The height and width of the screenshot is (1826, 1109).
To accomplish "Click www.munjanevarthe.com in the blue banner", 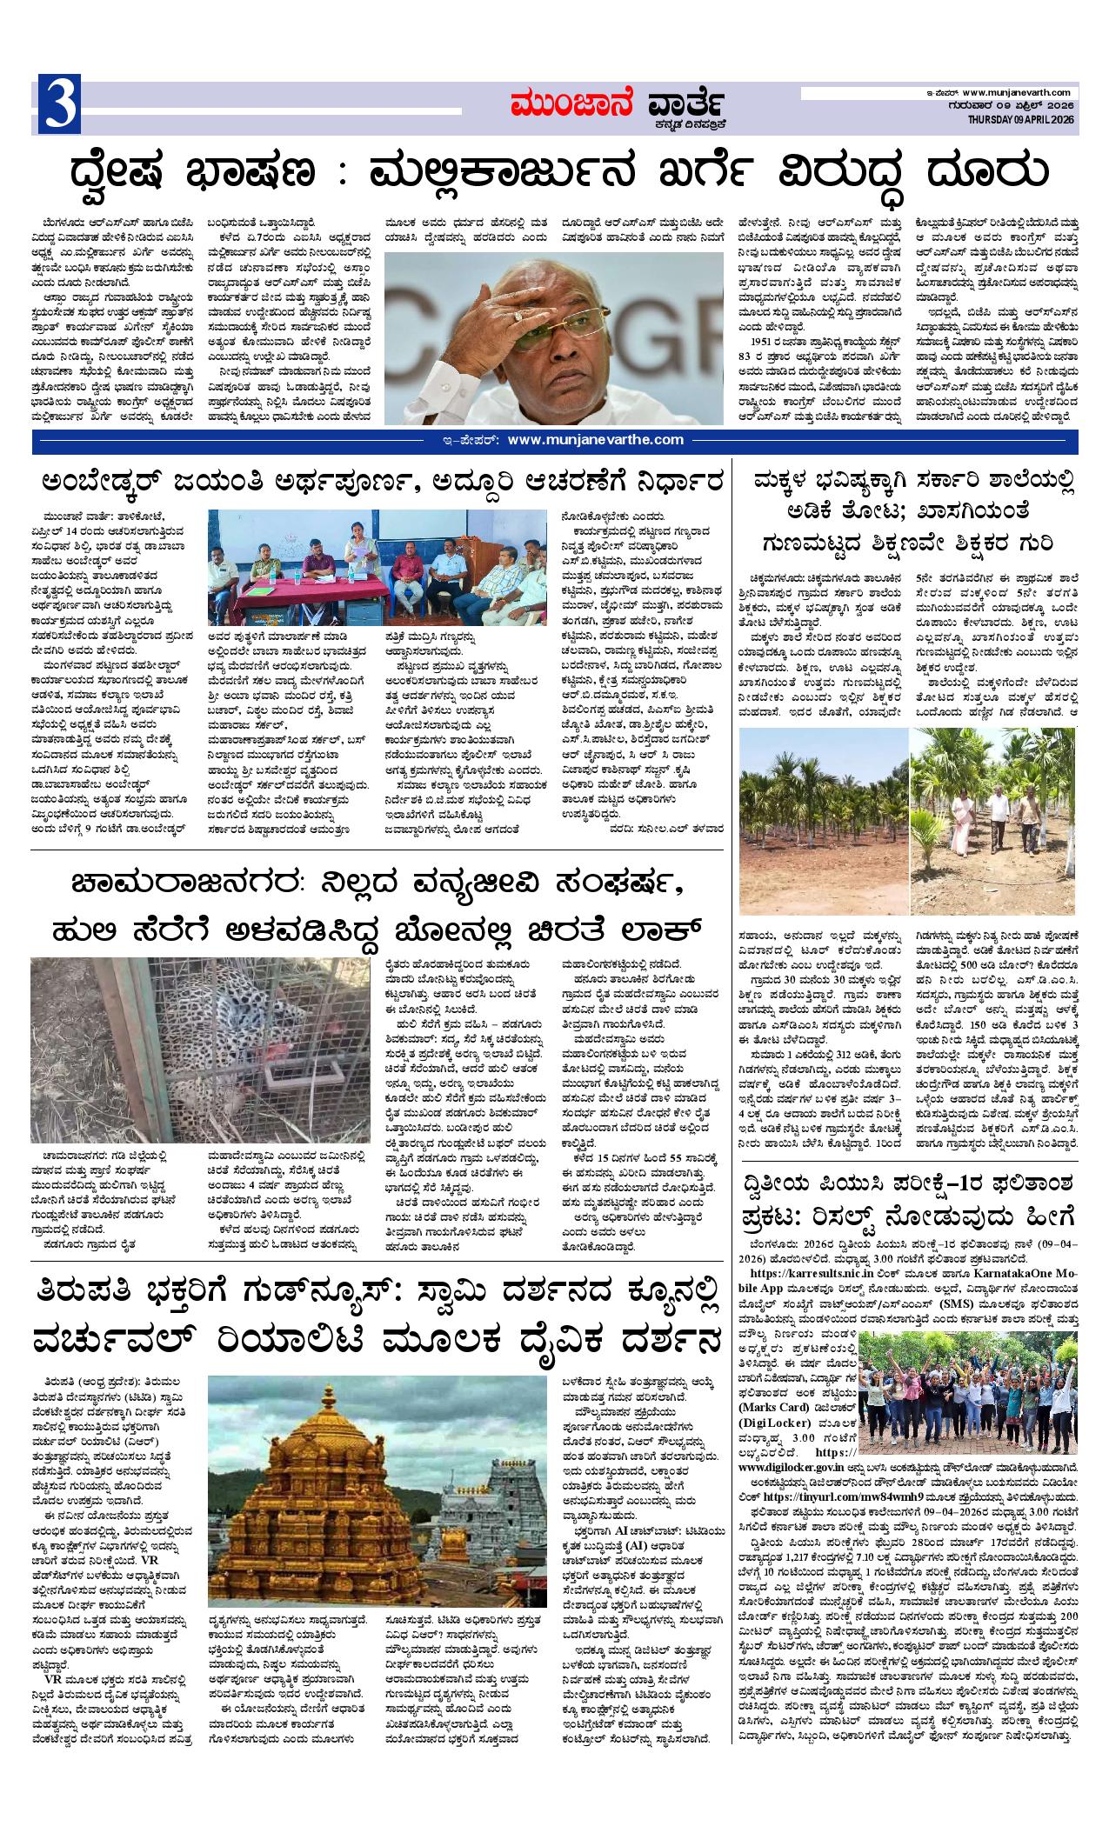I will [x=596, y=440].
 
